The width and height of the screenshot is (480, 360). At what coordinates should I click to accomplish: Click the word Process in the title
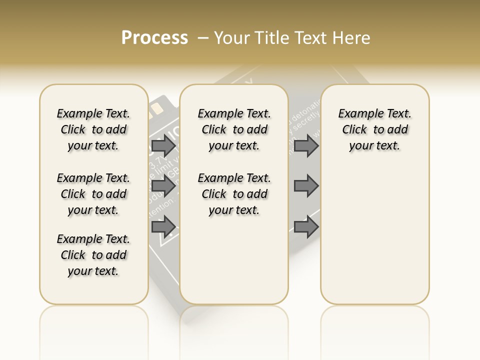154,38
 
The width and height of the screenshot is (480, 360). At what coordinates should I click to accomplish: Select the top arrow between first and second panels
163,146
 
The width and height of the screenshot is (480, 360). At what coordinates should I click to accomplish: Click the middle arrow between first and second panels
163,186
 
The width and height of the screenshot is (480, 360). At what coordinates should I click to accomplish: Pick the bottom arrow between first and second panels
163,226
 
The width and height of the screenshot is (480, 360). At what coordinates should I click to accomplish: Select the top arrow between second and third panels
306,146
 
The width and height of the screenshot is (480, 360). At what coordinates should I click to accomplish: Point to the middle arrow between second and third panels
306,186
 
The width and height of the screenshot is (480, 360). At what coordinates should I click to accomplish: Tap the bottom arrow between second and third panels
306,226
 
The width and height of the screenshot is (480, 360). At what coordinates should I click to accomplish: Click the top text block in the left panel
93,129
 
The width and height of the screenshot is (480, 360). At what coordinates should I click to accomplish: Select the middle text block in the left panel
93,194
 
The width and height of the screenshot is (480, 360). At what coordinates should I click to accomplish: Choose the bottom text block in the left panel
93,255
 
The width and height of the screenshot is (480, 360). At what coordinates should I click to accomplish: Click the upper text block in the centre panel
234,129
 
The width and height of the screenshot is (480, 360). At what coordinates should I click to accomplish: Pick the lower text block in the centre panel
234,194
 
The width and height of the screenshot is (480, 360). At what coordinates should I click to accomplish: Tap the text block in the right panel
374,129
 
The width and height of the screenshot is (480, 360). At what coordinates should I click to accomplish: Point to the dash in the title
203,38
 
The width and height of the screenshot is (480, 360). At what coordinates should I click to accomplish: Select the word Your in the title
232,38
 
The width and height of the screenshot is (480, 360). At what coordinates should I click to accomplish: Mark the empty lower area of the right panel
374,235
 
